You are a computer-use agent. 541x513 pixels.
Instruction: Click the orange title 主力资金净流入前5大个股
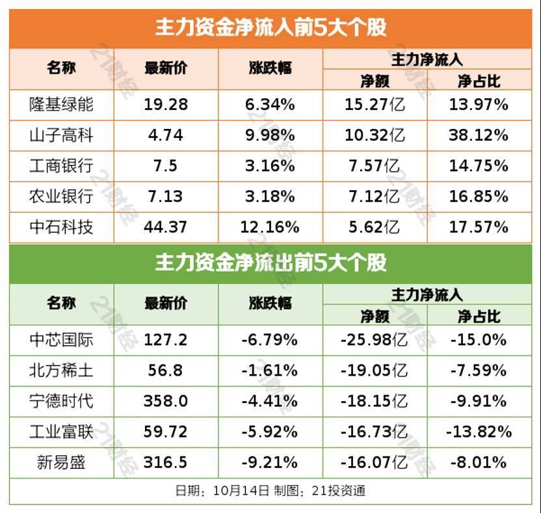270,27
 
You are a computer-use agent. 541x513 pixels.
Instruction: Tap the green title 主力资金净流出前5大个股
270,262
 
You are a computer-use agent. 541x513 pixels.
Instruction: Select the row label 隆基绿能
62,104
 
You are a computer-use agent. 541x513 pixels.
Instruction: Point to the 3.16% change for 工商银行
270,166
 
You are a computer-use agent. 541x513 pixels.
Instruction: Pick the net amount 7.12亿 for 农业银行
374,197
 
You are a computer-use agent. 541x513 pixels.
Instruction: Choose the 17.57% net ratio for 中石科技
479,227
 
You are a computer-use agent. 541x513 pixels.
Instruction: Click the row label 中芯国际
62,339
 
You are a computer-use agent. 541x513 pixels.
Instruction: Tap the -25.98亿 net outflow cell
374,339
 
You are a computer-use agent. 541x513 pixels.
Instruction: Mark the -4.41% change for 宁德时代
270,401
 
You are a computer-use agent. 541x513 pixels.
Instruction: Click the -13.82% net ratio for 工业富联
479,432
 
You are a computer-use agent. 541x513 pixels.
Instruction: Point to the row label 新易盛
62,462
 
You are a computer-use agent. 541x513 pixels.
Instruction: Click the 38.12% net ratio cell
479,135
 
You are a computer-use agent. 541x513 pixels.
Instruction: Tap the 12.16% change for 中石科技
270,227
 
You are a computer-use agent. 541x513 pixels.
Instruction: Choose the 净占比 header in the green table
479,317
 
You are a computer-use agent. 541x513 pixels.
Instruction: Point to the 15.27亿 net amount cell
374,104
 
